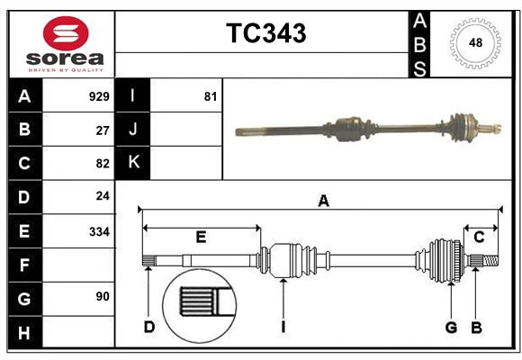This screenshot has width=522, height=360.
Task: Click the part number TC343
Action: [265, 33]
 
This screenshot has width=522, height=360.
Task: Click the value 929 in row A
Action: [98, 96]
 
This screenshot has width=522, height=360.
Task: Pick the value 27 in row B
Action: [102, 130]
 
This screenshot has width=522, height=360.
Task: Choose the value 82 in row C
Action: [102, 164]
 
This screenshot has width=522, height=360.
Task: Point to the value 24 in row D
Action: [102, 196]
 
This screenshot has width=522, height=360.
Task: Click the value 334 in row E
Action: [98, 231]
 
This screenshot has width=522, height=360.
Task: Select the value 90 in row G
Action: [102, 296]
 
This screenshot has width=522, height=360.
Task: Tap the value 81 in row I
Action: [211, 96]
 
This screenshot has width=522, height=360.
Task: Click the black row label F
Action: [24, 265]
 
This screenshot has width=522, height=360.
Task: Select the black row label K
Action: [133, 163]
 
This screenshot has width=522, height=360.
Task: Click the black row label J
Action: [133, 130]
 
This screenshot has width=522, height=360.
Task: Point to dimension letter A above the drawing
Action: [323, 202]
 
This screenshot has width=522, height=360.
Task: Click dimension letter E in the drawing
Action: [201, 238]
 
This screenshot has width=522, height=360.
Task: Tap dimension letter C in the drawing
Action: [479, 238]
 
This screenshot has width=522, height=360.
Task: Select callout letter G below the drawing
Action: [452, 328]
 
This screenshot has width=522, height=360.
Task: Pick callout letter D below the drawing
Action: [149, 328]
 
